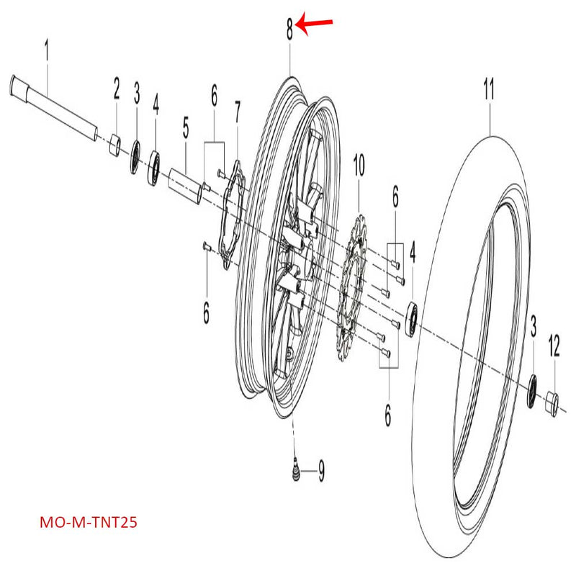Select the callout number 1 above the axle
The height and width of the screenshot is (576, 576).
[47, 51]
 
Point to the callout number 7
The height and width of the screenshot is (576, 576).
[238, 112]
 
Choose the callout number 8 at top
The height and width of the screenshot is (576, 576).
[289, 30]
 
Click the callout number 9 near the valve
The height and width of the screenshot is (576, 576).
[321, 472]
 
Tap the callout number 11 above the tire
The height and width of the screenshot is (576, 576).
[489, 91]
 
